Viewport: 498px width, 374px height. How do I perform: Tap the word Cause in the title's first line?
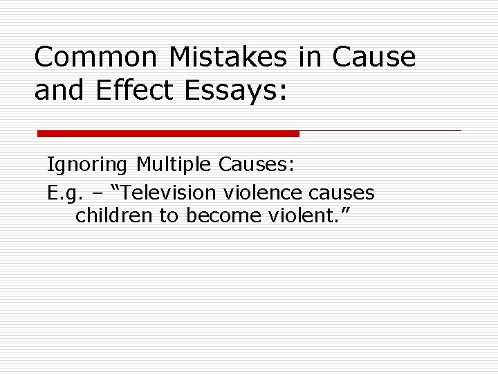(x=374, y=57)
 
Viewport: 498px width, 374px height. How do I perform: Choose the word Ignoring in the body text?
(x=87, y=165)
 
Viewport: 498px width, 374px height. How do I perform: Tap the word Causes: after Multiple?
(x=257, y=165)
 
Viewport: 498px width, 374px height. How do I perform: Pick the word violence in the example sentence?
(x=265, y=192)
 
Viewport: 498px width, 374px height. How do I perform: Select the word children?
(x=115, y=215)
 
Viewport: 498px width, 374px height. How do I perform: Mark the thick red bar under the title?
(x=168, y=133)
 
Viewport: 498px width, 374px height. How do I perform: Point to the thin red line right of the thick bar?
(x=380, y=130)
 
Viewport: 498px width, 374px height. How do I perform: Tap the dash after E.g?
(x=101, y=193)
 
